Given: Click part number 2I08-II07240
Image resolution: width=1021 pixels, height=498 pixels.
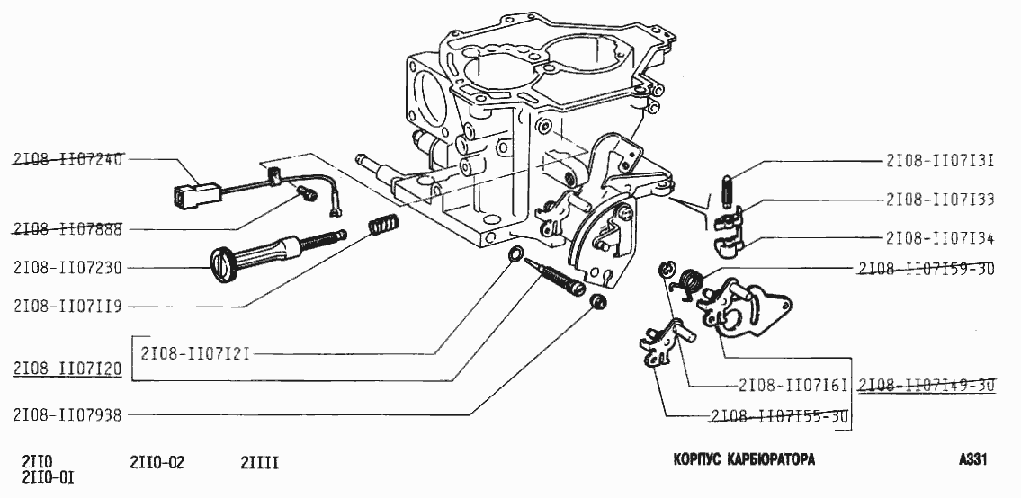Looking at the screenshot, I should (67, 159).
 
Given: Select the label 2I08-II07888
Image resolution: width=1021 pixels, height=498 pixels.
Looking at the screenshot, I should (67, 229).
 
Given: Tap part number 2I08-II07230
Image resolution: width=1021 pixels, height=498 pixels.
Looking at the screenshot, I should (67, 267).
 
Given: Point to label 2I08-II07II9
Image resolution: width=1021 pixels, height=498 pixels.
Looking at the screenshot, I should (67, 306).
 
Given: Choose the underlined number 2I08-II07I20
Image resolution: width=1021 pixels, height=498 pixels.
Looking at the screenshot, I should (67, 369).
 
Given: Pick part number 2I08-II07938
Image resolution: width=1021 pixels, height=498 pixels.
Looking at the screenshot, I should (67, 414).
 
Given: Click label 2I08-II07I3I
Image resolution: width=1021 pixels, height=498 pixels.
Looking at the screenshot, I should (939, 162).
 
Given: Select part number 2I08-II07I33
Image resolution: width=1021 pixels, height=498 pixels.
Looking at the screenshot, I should (939, 200).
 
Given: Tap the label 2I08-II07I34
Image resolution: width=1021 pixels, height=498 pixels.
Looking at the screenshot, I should (939, 238).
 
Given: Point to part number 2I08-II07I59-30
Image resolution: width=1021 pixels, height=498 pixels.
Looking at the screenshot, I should (926, 268).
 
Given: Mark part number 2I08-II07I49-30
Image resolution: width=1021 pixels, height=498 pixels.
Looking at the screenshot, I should (927, 386).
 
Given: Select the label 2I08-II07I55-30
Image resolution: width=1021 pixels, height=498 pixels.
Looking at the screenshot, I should (779, 416).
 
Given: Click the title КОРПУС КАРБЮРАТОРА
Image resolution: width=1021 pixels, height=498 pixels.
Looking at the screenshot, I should (744, 460).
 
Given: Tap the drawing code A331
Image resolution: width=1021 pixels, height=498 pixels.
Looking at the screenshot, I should (973, 460).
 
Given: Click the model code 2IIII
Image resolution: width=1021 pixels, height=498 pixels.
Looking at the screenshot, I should (259, 463).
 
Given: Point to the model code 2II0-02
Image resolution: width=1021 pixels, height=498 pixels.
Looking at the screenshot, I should (157, 463).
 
